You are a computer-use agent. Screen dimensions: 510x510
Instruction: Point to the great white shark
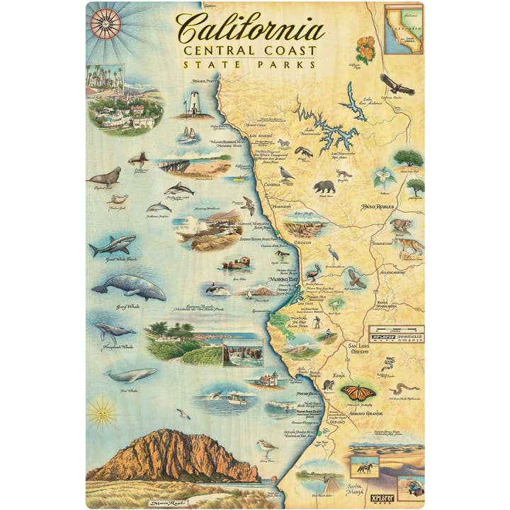(x=113, y=246)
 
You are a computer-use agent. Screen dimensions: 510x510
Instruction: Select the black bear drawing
(x=324, y=187)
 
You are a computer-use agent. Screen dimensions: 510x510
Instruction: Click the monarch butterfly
(x=358, y=392)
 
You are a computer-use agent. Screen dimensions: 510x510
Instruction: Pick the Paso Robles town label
(x=380, y=208)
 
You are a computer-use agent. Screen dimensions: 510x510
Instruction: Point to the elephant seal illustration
(x=104, y=176)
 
